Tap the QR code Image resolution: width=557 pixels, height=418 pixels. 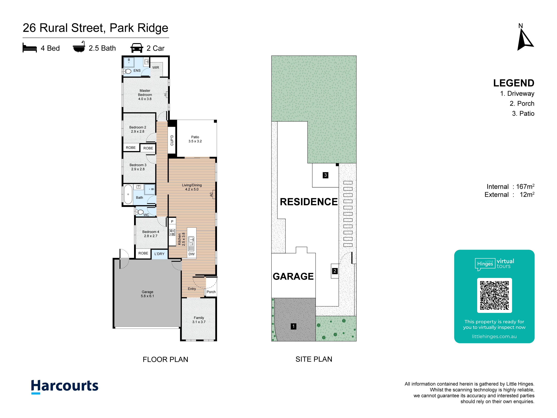point(494,295)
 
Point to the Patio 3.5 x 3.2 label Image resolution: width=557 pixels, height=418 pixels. point(195,139)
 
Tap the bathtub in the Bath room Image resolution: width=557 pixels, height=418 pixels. point(128,194)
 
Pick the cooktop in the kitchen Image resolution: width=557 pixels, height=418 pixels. point(172,232)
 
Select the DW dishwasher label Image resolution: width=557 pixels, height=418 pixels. point(192,254)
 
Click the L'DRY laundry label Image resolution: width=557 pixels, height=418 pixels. point(159,254)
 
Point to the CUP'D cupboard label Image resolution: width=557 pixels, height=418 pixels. point(172,140)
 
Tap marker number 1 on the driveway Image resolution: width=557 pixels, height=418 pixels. point(293,326)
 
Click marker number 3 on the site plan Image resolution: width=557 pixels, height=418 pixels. point(325,175)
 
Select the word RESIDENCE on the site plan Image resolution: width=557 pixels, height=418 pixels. point(309,202)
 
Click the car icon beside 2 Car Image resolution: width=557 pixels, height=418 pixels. point(137,48)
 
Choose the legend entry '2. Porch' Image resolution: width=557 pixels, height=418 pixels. point(522,103)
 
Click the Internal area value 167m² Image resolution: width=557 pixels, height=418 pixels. point(525,187)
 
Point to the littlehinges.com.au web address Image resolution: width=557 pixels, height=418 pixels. point(494,336)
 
